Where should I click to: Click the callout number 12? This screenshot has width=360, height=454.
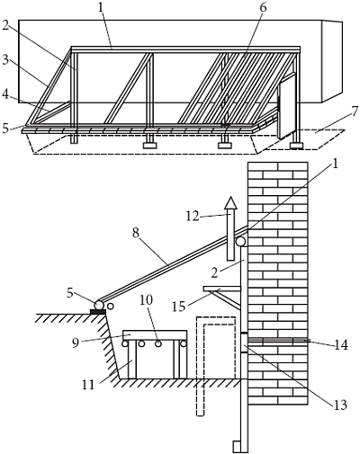coord(193,216)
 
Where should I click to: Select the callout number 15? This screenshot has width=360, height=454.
coord(178,307)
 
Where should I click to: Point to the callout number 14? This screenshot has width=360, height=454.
coord(341,345)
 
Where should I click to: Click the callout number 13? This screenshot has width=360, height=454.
coord(340,405)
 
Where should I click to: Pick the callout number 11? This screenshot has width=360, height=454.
coord(88,384)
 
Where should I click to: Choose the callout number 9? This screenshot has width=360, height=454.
coord(76,343)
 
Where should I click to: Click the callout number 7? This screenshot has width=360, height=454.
coord(355,111)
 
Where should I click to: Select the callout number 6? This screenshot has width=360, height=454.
coord(263,8)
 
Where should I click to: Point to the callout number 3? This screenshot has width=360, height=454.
coord(5,59)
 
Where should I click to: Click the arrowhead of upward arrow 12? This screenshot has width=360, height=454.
coord(230,202)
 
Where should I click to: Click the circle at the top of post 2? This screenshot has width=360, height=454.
coord(240,242)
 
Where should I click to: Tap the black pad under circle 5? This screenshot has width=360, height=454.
coord(98,312)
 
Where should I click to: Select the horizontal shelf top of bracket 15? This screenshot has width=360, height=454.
coord(222,289)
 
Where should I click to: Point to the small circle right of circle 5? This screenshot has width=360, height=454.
coord(111,307)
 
